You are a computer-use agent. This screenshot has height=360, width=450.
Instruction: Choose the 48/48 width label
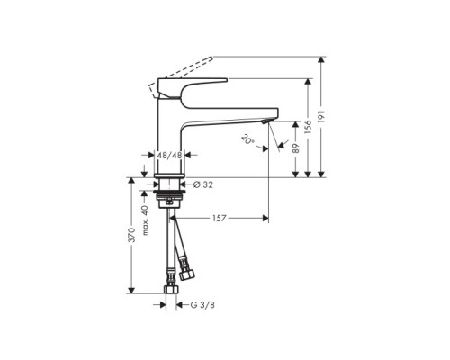tap(168, 155)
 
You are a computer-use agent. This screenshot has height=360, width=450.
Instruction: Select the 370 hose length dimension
tap(131, 236)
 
